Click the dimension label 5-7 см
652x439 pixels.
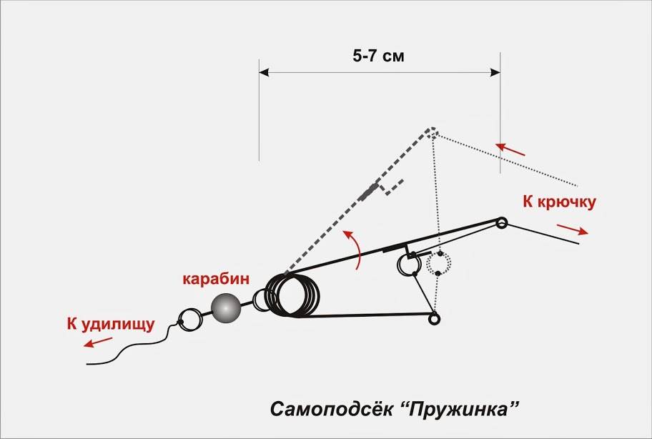[x=378, y=56]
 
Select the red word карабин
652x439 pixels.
[x=216, y=279]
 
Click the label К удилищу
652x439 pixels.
[x=111, y=325]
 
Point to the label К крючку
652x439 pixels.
[x=559, y=202]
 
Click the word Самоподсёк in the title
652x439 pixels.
[x=332, y=409]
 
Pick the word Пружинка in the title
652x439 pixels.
[x=462, y=410]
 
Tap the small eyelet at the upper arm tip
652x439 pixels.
[x=502, y=223]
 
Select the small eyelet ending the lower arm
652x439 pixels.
[x=434, y=319]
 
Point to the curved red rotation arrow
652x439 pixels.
[x=353, y=249]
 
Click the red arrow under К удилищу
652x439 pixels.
[x=98, y=342]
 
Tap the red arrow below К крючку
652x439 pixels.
[x=573, y=230]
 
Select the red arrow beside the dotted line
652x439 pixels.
[x=510, y=149]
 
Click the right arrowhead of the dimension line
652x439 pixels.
[x=495, y=72]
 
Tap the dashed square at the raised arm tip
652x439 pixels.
[x=432, y=132]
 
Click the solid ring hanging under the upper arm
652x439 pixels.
[x=407, y=264]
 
